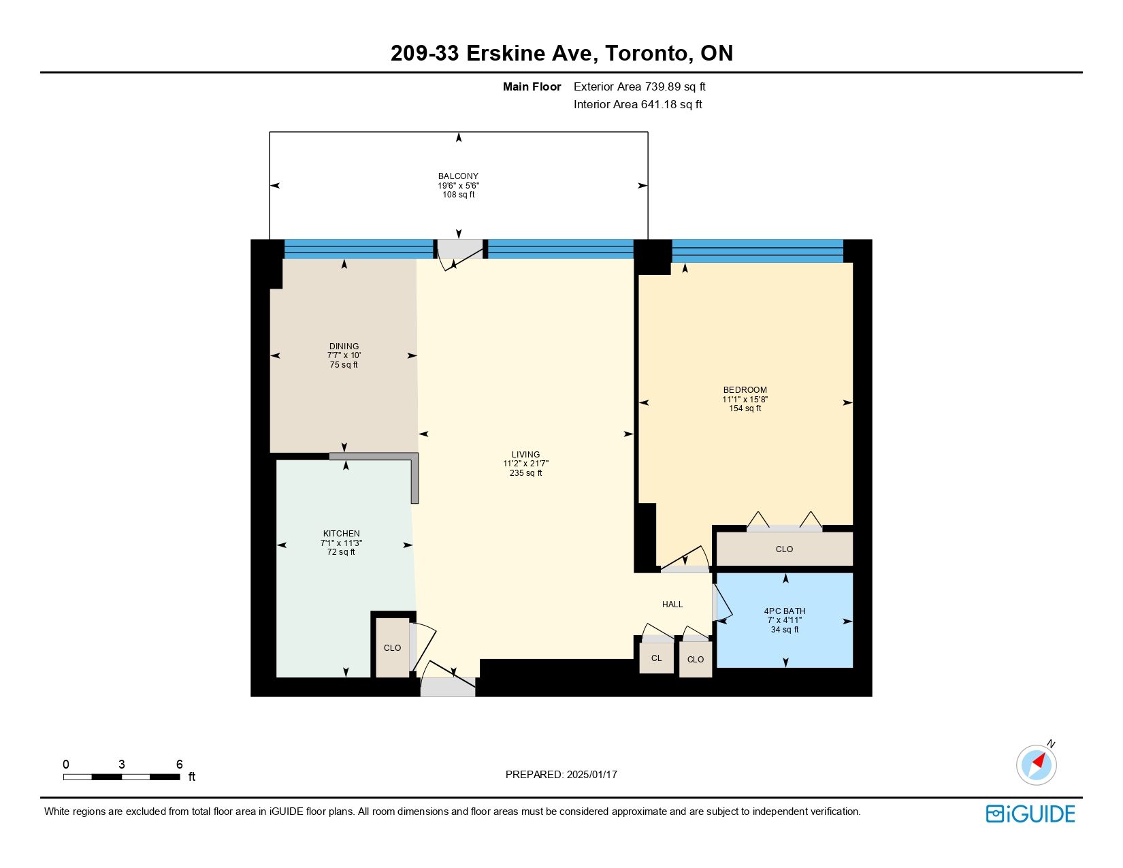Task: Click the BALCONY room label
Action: pyautogui.click(x=458, y=176)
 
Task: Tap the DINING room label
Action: pyautogui.click(x=344, y=347)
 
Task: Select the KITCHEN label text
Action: pyautogui.click(x=341, y=534)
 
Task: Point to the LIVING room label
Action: pyautogui.click(x=525, y=454)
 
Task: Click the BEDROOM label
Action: pyautogui.click(x=745, y=390)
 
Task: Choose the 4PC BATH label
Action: pyautogui.click(x=785, y=611)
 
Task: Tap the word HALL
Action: pyautogui.click(x=672, y=605)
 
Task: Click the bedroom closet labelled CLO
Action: pyautogui.click(x=784, y=549)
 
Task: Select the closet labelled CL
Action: pyautogui.click(x=656, y=658)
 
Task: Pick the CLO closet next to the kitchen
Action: pyautogui.click(x=392, y=648)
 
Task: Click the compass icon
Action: pyautogui.click(x=1036, y=765)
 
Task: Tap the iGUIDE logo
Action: pyautogui.click(x=1030, y=814)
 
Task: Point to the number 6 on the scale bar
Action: pyautogui.click(x=179, y=764)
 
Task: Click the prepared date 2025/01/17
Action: pyautogui.click(x=591, y=775)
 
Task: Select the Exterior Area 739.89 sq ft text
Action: pyautogui.click(x=639, y=87)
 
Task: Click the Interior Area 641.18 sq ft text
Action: pyautogui.click(x=638, y=104)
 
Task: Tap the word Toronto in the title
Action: pyautogui.click(x=646, y=53)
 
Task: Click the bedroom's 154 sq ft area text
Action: pyautogui.click(x=745, y=408)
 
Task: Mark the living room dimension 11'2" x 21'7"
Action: pyautogui.click(x=525, y=464)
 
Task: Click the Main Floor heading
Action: pyautogui.click(x=532, y=87)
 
